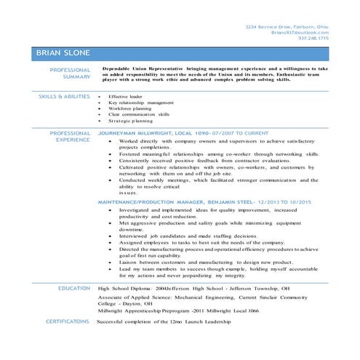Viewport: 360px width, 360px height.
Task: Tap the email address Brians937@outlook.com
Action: [x=300, y=33]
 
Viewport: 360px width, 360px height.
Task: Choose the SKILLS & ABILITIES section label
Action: [x=64, y=96]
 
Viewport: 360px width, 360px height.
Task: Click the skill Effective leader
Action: [x=126, y=96]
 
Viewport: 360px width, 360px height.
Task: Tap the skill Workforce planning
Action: [x=131, y=108]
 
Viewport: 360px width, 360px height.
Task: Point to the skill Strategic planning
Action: [x=131, y=121]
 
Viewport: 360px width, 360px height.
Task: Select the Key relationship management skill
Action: [x=141, y=103]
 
